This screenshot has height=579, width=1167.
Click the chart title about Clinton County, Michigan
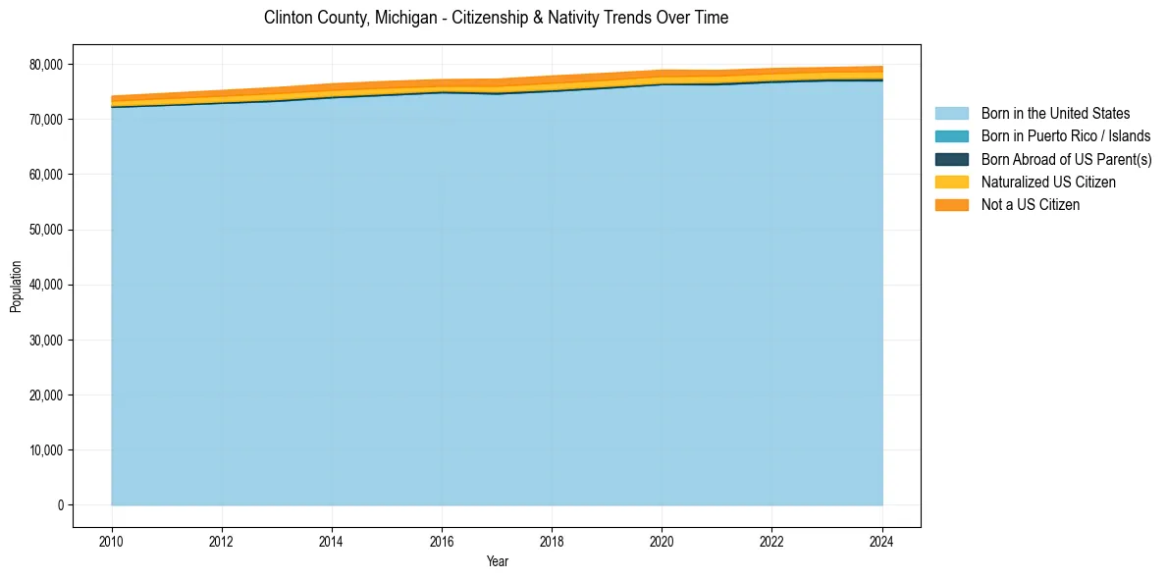coord(496,18)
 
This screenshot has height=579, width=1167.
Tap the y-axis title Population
coord(16,286)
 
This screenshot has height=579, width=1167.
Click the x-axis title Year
coord(497,561)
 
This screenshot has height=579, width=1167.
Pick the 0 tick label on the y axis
coord(60,505)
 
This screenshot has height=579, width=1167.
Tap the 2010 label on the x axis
coord(112,541)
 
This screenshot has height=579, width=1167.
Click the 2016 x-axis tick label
coord(442,541)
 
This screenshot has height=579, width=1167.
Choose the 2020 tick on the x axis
coord(662,541)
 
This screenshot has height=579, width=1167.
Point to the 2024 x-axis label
coord(881,541)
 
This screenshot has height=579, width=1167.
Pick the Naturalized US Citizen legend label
coord(1048,183)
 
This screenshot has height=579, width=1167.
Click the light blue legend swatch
coord(951,114)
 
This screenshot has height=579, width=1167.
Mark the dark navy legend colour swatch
coord(951,159)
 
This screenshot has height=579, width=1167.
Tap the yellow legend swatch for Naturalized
coord(951,183)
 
